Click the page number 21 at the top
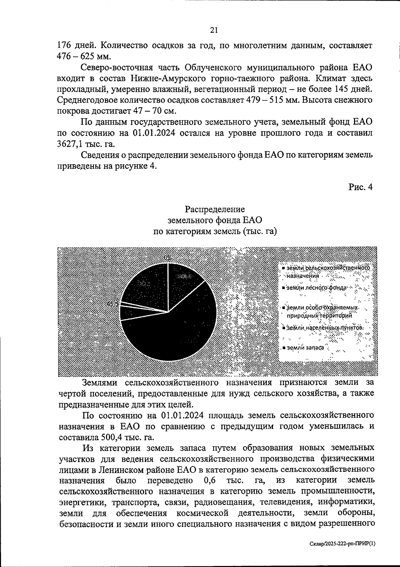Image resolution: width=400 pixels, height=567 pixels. point(214,30)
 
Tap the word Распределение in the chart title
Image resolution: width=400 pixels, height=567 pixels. point(215,209)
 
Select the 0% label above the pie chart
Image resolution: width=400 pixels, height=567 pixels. point(168,258)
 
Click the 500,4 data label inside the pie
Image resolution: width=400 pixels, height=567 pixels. point(184,276)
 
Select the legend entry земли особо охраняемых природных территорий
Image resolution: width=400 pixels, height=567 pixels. point(320,311)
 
